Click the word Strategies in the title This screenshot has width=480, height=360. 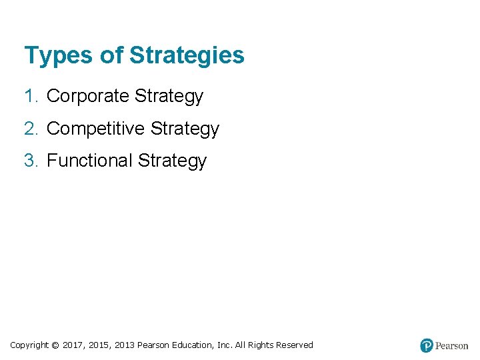tap(187, 56)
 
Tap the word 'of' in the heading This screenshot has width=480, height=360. tap(111, 55)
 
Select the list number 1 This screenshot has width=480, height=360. tap(30, 97)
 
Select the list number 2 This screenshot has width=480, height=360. tap(30, 129)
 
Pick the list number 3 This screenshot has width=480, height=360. tap(30, 161)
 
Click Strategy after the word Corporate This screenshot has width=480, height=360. tap(169, 97)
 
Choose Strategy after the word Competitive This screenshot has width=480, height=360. tap(185, 129)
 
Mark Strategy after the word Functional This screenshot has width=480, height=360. tap(173, 161)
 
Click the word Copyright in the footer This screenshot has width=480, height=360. tap(29, 345)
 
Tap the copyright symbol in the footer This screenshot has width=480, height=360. tap(55, 345)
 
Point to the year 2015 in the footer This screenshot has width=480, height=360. tap(99, 345)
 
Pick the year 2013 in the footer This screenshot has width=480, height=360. tap(124, 345)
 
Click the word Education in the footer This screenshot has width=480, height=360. tap(193, 345)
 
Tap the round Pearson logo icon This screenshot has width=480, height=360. tap(427, 345)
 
